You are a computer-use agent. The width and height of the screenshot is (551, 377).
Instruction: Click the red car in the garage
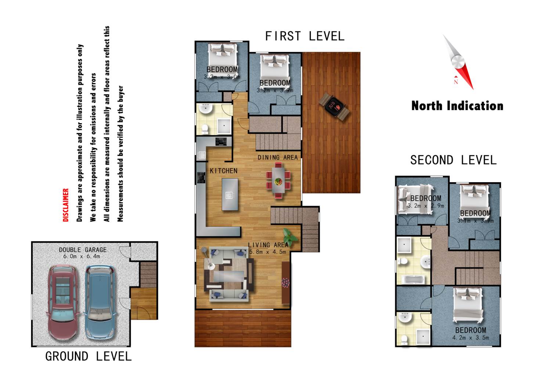pyautogui.click(x=63, y=303)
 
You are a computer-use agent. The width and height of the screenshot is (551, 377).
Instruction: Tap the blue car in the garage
pyautogui.click(x=100, y=303)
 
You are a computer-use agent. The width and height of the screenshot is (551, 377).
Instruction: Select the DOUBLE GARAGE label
pyautogui.click(x=83, y=250)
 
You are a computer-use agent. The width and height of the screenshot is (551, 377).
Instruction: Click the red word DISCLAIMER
pyautogui.click(x=66, y=205)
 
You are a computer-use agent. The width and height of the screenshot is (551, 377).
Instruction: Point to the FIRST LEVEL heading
pyautogui.click(x=305, y=36)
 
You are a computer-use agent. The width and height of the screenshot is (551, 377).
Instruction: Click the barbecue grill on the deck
pyautogui.click(x=334, y=107)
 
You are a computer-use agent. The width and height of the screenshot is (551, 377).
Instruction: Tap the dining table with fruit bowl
pyautogui.click(x=278, y=181)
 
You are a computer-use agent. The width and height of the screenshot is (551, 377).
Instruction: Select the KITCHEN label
pyautogui.click(x=224, y=171)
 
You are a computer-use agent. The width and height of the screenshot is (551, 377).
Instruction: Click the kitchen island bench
pyautogui.click(x=230, y=194)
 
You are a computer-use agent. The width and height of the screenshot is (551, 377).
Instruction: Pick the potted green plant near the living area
pyautogui.click(x=289, y=237)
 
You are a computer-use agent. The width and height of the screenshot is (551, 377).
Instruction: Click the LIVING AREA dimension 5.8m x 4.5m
pyautogui.click(x=268, y=252)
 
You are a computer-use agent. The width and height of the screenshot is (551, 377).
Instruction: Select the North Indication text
pyautogui.click(x=457, y=106)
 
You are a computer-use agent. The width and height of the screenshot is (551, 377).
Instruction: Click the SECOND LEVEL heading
pyautogui.click(x=453, y=160)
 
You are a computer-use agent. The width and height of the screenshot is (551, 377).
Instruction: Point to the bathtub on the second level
pyautogui.click(x=413, y=279)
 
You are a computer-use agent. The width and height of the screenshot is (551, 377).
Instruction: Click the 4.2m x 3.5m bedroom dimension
pyautogui.click(x=471, y=338)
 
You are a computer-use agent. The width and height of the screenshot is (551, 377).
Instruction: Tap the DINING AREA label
pyautogui.click(x=277, y=157)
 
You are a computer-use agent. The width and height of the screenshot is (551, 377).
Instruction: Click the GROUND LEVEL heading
pyautogui.click(x=89, y=356)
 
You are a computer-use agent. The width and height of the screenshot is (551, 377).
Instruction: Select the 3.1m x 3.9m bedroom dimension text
pyautogui.click(x=475, y=221)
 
